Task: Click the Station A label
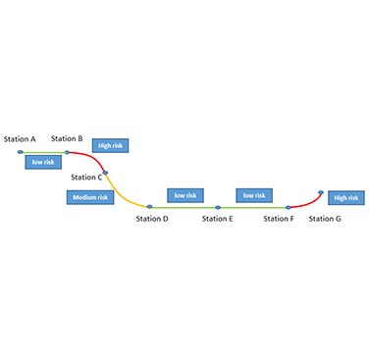(20, 139)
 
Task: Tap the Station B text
(67, 139)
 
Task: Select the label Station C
(85, 178)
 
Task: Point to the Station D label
(152, 218)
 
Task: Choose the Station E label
(217, 218)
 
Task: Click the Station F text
(279, 218)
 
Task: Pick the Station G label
(325, 218)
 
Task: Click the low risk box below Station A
(42, 162)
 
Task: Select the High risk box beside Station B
(111, 146)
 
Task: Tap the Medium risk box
(90, 197)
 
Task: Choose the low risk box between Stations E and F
(254, 195)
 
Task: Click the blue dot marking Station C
(105, 172)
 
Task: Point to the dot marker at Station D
(149, 207)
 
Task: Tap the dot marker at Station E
(218, 207)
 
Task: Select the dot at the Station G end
(321, 192)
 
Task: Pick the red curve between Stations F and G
(306, 202)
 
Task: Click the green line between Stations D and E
(184, 207)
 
